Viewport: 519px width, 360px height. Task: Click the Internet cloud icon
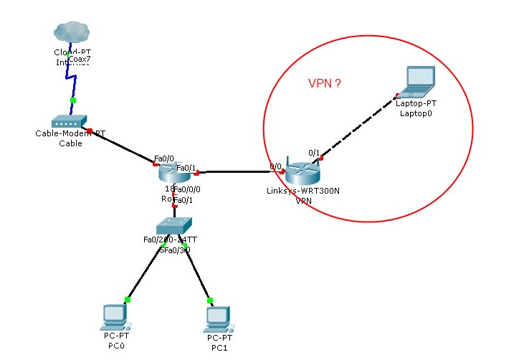(72, 32)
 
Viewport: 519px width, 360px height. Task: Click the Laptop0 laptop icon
(418, 82)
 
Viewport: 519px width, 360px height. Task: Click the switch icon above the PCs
(174, 224)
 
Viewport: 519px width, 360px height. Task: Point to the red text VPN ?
(324, 84)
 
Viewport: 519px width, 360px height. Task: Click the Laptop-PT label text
(416, 103)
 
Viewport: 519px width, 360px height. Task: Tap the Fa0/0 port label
(164, 158)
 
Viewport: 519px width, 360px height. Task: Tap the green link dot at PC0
(128, 300)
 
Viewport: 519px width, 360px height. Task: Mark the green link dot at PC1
(210, 300)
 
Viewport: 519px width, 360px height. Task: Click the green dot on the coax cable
(72, 100)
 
